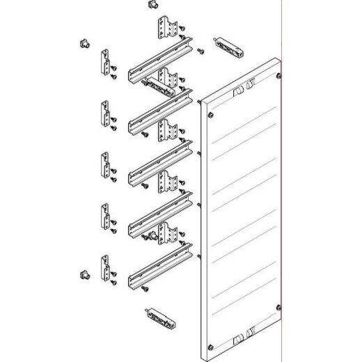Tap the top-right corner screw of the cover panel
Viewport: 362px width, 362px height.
click(x=278, y=75)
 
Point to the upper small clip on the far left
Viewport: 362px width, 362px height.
click(x=83, y=44)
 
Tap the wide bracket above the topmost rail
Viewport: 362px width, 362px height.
click(x=167, y=27)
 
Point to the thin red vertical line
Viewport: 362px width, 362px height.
click(x=282, y=174)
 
